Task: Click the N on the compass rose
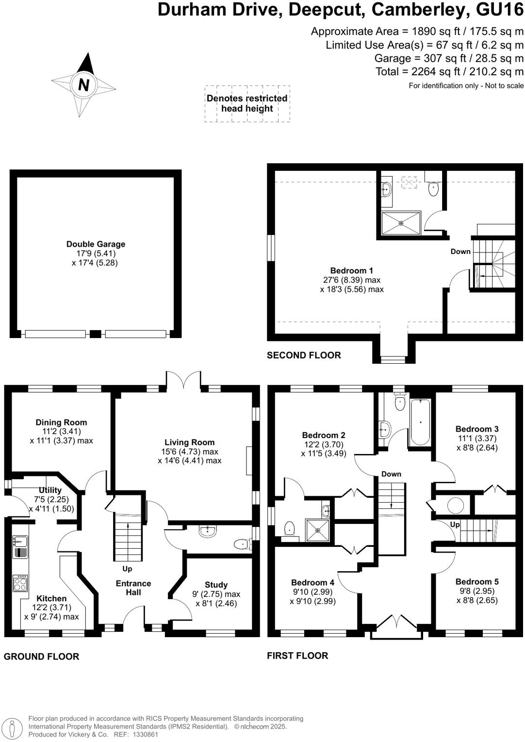(x=83, y=85)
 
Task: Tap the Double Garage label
(x=96, y=244)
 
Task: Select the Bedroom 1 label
(x=351, y=270)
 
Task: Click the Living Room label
(x=189, y=442)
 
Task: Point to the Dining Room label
(x=61, y=422)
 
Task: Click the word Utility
(x=50, y=490)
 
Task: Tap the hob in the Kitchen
(x=20, y=583)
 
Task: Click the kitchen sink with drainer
(x=20, y=546)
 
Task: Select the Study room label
(x=216, y=585)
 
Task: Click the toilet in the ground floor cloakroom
(x=241, y=544)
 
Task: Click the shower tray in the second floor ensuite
(x=401, y=223)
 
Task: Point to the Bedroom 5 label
(x=476, y=582)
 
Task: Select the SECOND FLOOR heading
(x=304, y=355)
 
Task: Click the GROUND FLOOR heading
(x=41, y=657)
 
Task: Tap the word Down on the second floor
(x=460, y=252)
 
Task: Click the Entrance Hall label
(x=133, y=588)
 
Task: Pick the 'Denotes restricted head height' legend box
(x=247, y=103)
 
